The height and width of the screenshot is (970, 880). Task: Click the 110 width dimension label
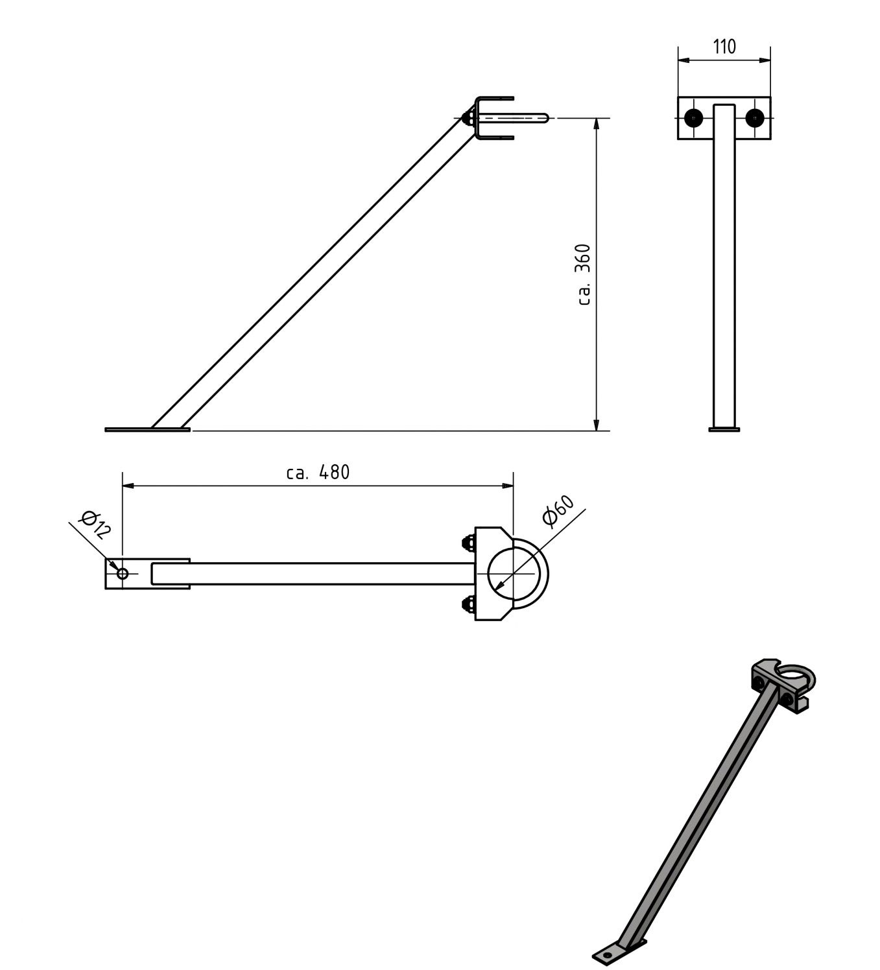point(724,47)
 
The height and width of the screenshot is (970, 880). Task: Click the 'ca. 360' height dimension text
point(583,274)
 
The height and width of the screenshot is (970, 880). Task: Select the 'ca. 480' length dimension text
point(318,472)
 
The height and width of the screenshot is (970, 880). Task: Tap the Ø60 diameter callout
point(558,510)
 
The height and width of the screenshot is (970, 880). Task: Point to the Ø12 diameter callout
point(95,525)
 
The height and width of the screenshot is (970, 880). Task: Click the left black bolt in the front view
point(694,118)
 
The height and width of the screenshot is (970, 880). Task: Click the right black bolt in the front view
point(754,118)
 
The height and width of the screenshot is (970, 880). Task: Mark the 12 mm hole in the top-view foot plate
point(123,573)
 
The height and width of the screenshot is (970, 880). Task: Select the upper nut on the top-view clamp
point(467,542)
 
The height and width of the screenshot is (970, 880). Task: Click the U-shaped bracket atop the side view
point(493,117)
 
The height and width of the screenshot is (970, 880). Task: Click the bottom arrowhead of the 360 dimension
point(596,424)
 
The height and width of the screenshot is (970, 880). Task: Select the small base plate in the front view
point(724,429)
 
